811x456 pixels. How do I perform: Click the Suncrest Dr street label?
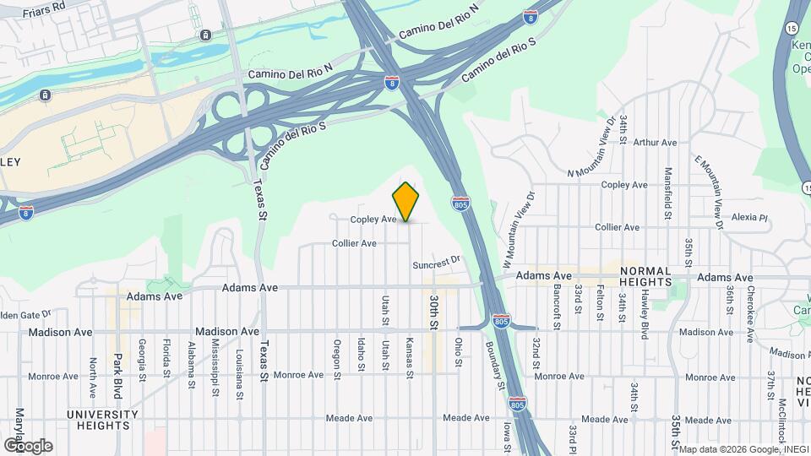436,263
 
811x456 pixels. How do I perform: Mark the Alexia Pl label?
750,217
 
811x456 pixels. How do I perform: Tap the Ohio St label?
459,352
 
